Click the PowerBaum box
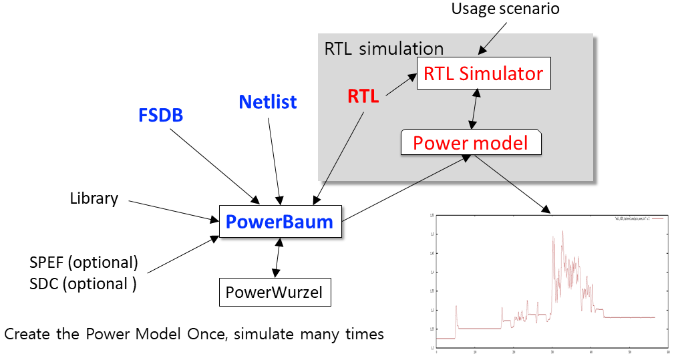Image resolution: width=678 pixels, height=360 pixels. (x=280, y=221)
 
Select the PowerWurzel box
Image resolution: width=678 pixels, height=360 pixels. (x=275, y=292)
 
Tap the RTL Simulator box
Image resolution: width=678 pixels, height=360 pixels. (x=483, y=73)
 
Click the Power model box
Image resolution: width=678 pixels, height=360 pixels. (x=470, y=142)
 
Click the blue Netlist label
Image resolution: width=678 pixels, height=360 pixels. (x=267, y=102)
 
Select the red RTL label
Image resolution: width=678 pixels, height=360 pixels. (x=363, y=96)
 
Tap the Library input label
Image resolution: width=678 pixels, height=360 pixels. (x=94, y=198)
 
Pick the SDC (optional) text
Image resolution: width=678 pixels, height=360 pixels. (x=83, y=283)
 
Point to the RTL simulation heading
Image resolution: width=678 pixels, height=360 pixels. (x=383, y=49)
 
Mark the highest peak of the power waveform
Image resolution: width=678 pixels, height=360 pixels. (x=562, y=231)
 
